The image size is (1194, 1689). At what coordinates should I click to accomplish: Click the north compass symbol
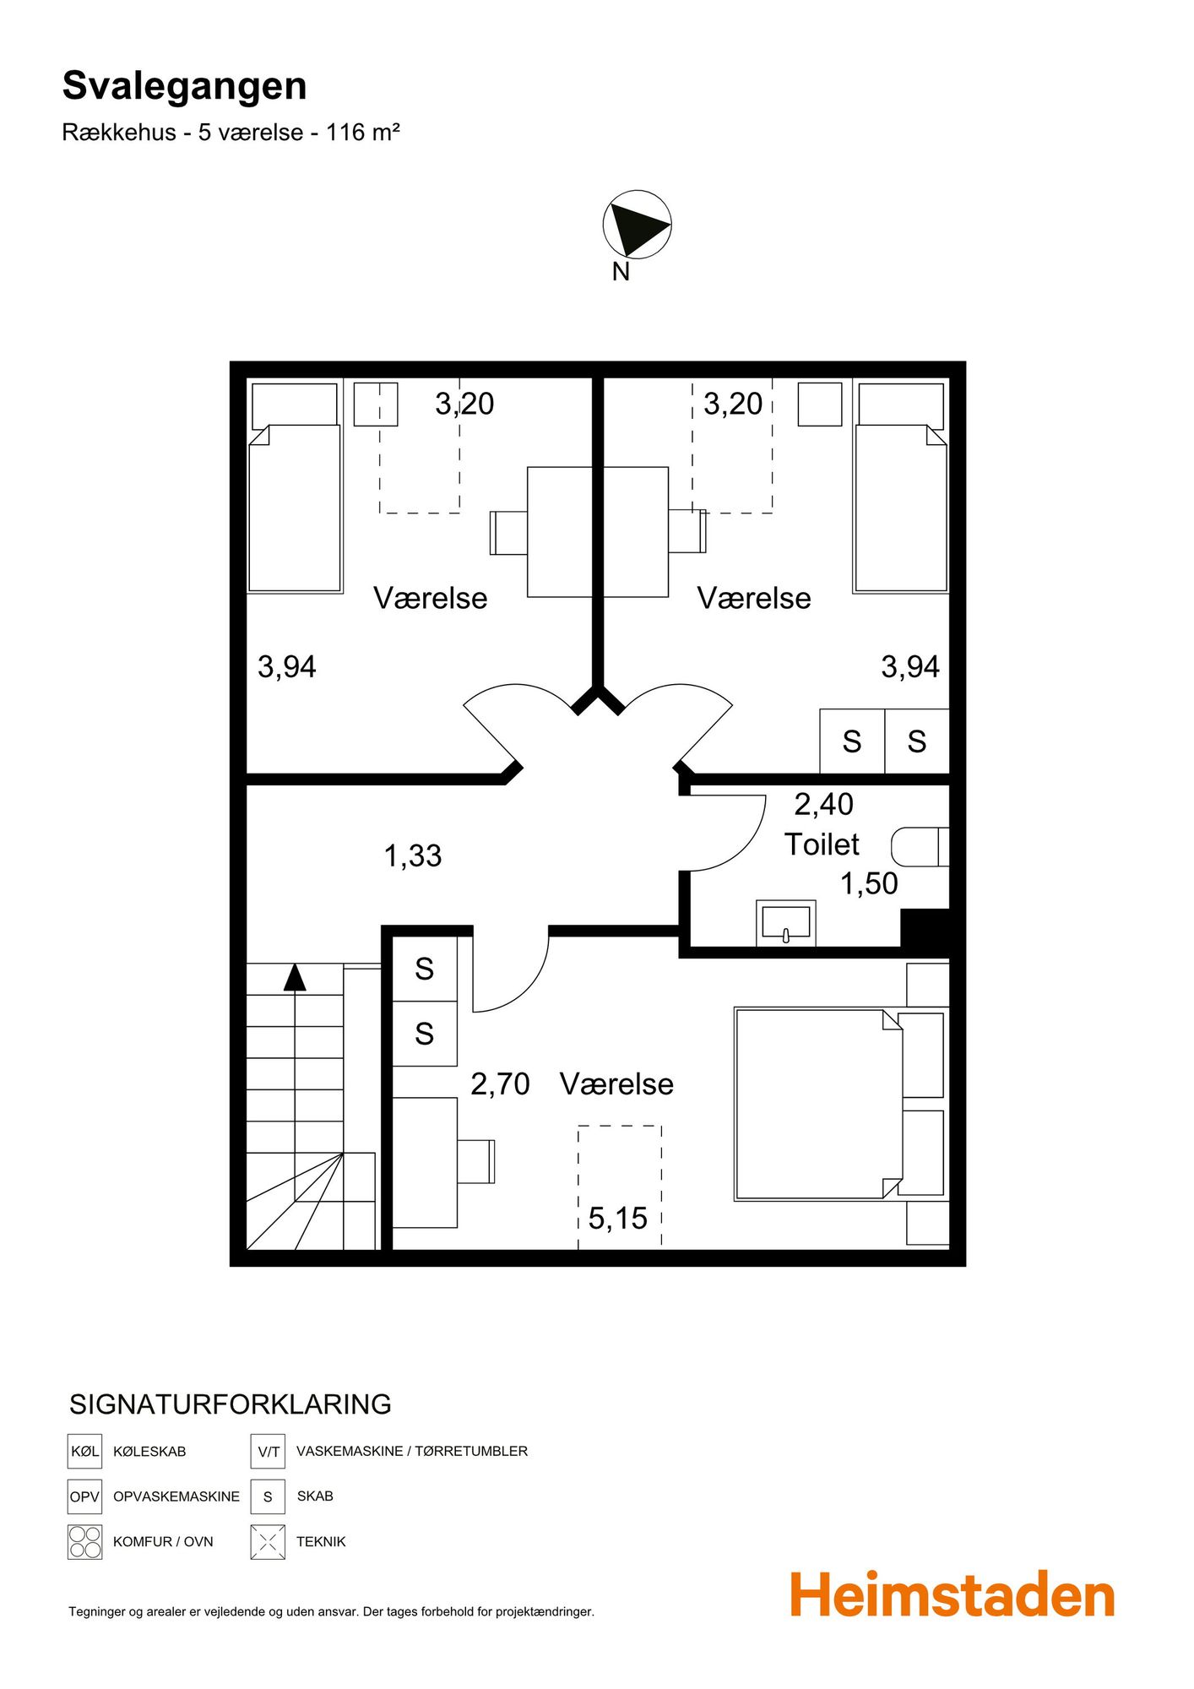pyautogui.click(x=637, y=224)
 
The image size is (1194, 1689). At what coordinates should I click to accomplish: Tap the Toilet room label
pyautogui.click(x=822, y=844)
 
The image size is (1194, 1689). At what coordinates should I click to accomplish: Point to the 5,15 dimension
pyautogui.click(x=617, y=1218)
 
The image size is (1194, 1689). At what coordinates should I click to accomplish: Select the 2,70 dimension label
pyautogui.click(x=500, y=1083)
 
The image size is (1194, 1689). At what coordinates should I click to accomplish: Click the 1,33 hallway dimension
pyautogui.click(x=413, y=855)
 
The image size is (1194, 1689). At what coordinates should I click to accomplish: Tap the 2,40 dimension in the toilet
pyautogui.click(x=823, y=804)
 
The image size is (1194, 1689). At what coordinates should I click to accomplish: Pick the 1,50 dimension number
pyautogui.click(x=869, y=883)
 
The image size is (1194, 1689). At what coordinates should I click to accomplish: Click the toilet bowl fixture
pyautogui.click(x=920, y=846)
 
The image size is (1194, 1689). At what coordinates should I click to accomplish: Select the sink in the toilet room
pyautogui.click(x=785, y=922)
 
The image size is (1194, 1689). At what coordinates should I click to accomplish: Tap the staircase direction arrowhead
pyautogui.click(x=295, y=977)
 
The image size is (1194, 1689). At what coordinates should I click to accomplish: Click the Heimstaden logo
pyautogui.click(x=952, y=1594)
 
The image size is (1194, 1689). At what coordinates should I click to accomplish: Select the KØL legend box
pyautogui.click(x=84, y=1451)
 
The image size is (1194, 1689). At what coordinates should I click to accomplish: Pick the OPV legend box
pyautogui.click(x=84, y=1496)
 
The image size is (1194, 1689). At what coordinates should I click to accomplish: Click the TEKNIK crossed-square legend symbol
pyautogui.click(x=268, y=1542)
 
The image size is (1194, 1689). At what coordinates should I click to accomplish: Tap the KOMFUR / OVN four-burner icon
pyautogui.click(x=84, y=1542)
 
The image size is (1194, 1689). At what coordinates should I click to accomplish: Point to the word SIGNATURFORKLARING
pyautogui.click(x=231, y=1404)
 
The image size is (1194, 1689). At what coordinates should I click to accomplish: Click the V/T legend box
pyautogui.click(x=268, y=1451)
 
